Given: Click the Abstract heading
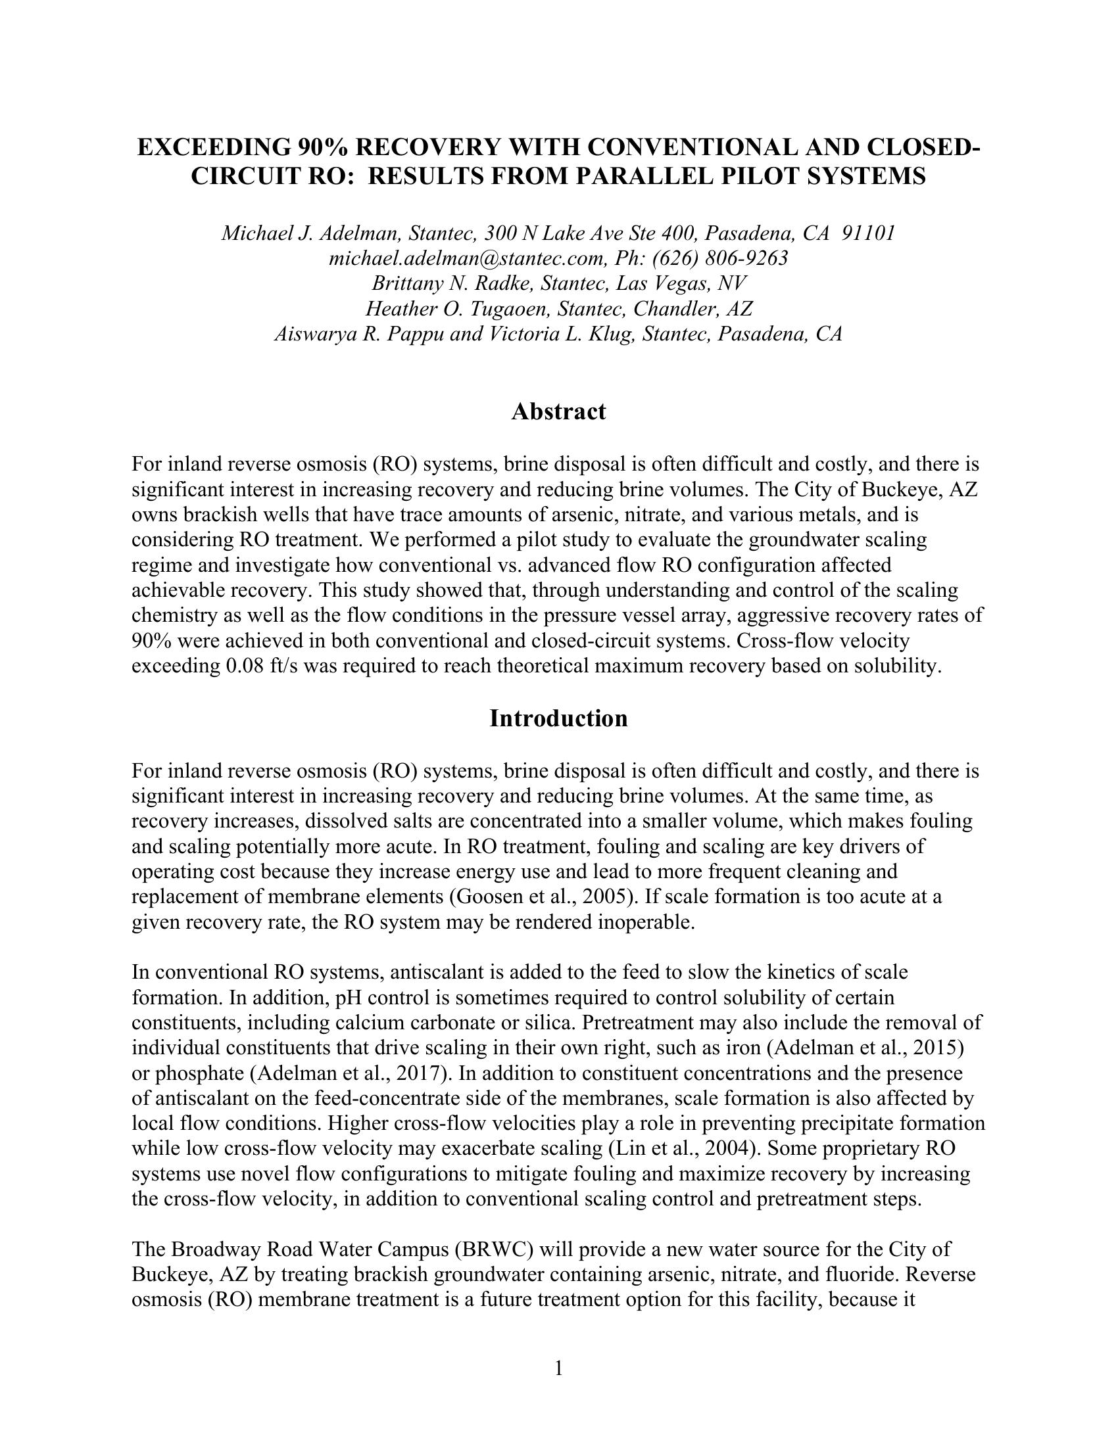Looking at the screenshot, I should click(x=558, y=412).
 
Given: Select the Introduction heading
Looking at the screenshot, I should click(x=558, y=718).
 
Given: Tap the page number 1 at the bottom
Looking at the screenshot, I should click(x=558, y=1368).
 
